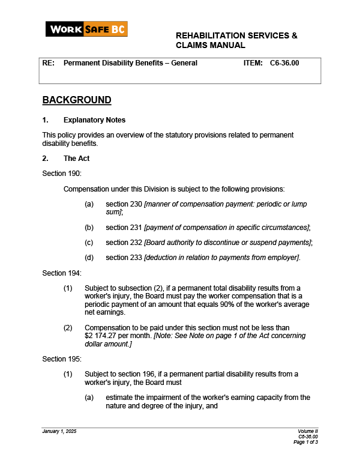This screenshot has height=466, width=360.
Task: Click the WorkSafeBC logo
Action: click(x=86, y=29)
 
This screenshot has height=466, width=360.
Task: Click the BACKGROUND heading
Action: click(x=77, y=100)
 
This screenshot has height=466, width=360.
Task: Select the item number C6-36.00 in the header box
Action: click(x=284, y=62)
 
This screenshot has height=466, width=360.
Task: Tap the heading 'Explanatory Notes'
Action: click(x=94, y=120)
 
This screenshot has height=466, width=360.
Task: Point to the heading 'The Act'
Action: click(x=76, y=159)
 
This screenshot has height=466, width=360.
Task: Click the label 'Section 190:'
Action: click(x=62, y=174)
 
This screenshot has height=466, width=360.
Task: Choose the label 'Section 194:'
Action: click(x=62, y=273)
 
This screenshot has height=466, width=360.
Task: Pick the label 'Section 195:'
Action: click(x=62, y=359)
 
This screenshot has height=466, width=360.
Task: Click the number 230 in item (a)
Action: click(x=136, y=204)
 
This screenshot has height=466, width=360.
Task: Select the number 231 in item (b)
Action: click(x=136, y=227)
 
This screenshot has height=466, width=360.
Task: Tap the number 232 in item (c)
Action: click(x=136, y=242)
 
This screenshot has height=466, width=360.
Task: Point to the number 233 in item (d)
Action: click(x=136, y=258)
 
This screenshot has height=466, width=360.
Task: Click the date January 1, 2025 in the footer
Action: click(x=59, y=432)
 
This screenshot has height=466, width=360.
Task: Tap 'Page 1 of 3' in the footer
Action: click(x=305, y=442)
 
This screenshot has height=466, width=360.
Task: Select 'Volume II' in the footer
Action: click(x=308, y=432)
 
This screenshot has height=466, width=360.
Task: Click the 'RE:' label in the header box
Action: click(x=48, y=62)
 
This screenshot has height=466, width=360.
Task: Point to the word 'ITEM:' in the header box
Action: click(x=253, y=62)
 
